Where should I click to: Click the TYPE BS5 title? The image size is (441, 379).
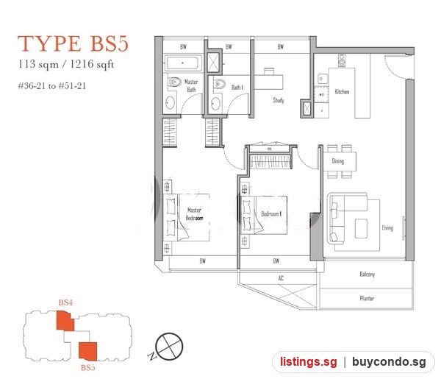point(73,43)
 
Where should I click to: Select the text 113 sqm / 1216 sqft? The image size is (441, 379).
point(66,65)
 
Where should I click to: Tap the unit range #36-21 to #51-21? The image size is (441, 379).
point(52,85)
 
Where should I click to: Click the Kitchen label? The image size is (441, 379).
point(342,92)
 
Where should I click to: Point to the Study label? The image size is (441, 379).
point(279,100)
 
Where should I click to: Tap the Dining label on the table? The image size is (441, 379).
point(338,161)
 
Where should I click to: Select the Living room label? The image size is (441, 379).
point(387,228)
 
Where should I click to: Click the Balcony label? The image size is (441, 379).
point(367,274)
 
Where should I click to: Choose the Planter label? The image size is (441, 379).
point(367,298)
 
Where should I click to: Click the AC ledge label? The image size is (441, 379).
point(281,278)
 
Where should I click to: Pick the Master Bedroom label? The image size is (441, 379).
point(194,214)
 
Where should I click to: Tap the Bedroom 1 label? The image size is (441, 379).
point(271,214)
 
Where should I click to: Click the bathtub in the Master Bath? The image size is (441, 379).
point(183,63)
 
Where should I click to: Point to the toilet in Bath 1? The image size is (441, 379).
point(219,84)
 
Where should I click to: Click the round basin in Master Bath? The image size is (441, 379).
point(171,103)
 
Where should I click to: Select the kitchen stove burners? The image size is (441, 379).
point(342,60)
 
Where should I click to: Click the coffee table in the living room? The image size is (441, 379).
point(361,229)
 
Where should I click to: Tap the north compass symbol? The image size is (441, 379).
point(168,347)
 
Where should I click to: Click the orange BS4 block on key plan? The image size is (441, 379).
point(65,320)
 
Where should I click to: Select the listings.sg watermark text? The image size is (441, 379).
point(308,361)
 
